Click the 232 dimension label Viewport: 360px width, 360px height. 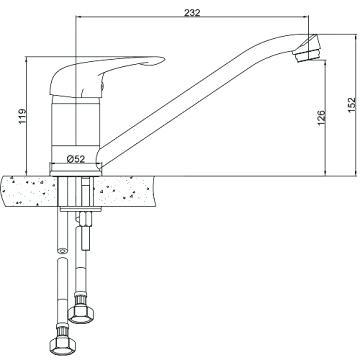coord(192,12)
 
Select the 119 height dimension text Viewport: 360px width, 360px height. coord(22,116)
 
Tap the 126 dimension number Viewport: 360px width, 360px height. coord(321,117)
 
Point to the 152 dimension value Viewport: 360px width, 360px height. coord(352,105)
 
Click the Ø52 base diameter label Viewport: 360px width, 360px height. coord(76,159)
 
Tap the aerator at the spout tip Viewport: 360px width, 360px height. coord(307,49)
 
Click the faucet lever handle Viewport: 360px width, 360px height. coord(107,76)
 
